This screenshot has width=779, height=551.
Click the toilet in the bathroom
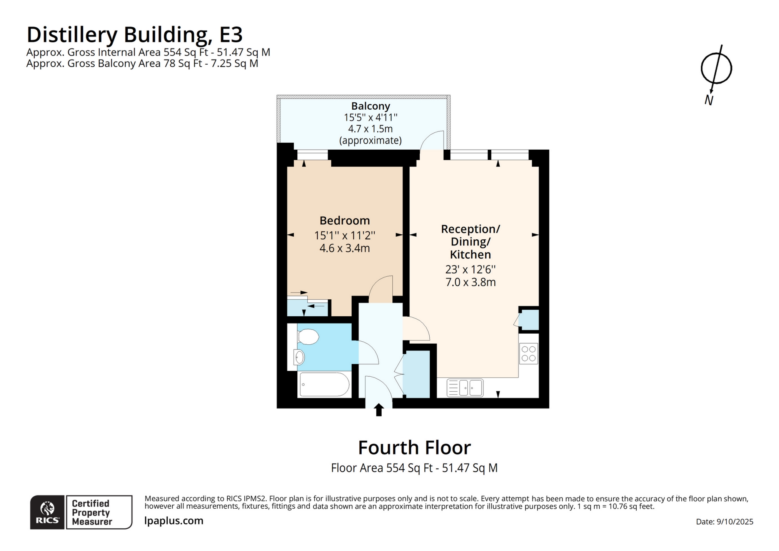[308, 337]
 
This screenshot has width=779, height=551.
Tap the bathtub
[324, 384]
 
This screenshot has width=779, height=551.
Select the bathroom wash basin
[299, 357]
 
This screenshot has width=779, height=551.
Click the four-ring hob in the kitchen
[528, 354]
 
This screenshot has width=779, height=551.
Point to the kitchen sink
[465, 387]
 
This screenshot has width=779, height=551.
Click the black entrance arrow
[379, 410]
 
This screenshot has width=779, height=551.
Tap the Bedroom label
[344, 220]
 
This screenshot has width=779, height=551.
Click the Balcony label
[370, 106]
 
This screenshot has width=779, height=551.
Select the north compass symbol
[716, 69]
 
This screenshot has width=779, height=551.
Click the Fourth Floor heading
[414, 447]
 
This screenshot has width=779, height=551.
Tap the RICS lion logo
[47, 509]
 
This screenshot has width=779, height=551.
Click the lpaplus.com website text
[173, 521]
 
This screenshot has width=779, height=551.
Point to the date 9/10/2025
[734, 522]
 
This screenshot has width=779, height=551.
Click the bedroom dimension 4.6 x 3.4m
[344, 248]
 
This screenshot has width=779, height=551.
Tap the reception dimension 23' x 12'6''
[470, 269]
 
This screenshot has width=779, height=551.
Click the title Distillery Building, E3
[135, 35]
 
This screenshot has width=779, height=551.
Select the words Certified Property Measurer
[92, 513]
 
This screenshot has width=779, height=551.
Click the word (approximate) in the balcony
[370, 140]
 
